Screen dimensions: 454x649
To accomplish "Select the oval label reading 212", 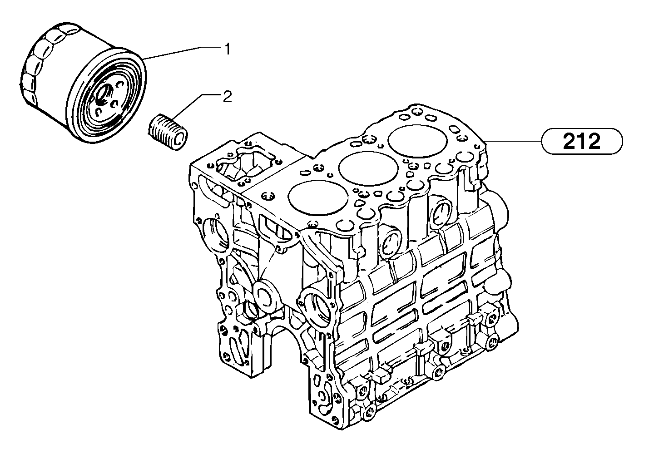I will [581, 142].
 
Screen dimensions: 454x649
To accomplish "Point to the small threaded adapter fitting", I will [168, 131].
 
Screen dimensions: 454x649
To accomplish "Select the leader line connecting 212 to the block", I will [513, 142].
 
